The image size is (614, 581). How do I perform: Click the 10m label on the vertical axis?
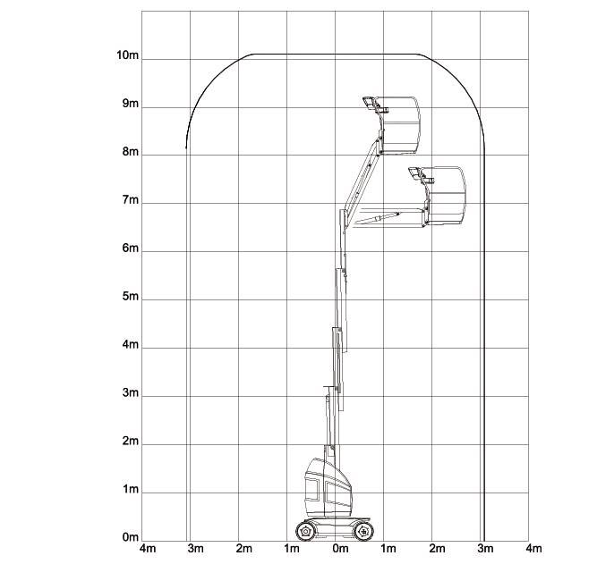pyautogui.click(x=127, y=55)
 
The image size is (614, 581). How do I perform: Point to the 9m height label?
pyautogui.click(x=131, y=104)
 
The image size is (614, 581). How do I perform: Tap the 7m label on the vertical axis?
pyautogui.click(x=131, y=200)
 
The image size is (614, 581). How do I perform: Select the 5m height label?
pyautogui.click(x=131, y=297)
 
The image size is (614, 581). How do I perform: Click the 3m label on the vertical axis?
pyautogui.click(x=131, y=392)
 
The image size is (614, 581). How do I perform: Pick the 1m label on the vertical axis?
pyautogui.click(x=131, y=489)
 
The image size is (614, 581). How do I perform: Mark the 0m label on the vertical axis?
pyautogui.click(x=131, y=537)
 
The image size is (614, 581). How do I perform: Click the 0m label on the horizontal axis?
pyautogui.click(x=340, y=549)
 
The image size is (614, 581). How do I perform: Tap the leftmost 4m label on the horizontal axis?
pyautogui.click(x=148, y=549)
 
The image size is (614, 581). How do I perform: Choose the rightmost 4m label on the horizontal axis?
pyautogui.click(x=533, y=549)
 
